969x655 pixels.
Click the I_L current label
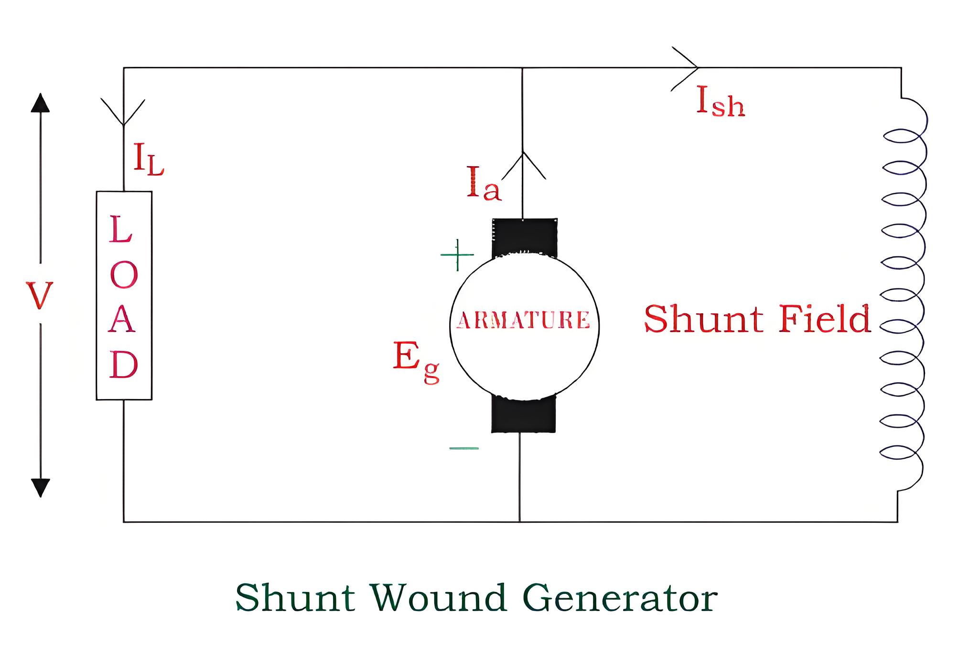click(149, 159)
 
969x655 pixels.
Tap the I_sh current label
click(721, 101)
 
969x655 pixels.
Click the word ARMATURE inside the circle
click(524, 320)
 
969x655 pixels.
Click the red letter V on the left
click(39, 296)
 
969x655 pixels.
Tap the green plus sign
click(457, 255)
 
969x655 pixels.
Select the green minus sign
click(464, 448)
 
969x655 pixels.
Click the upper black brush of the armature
click(525, 238)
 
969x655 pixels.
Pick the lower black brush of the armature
click(524, 414)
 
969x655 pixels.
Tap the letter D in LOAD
click(124, 364)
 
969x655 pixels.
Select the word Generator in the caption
click(620, 598)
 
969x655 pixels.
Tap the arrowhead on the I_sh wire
click(685, 68)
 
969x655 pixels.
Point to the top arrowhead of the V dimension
click(40, 103)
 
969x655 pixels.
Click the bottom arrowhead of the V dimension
click(40, 487)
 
